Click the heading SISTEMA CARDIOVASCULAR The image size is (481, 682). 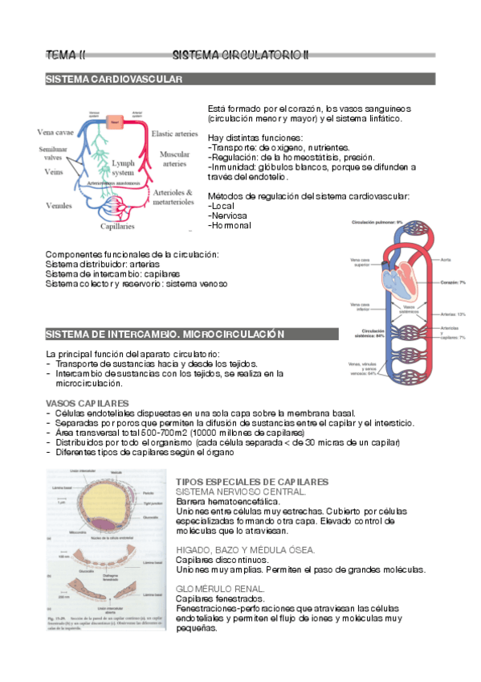pyautogui.click(x=114, y=80)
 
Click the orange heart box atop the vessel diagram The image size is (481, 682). pyautogui.click(x=115, y=121)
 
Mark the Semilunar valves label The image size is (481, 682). pyautogui.click(x=53, y=154)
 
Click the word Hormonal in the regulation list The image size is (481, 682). pyautogui.click(x=230, y=225)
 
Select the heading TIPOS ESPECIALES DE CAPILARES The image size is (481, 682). pyautogui.click(x=251, y=481)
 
